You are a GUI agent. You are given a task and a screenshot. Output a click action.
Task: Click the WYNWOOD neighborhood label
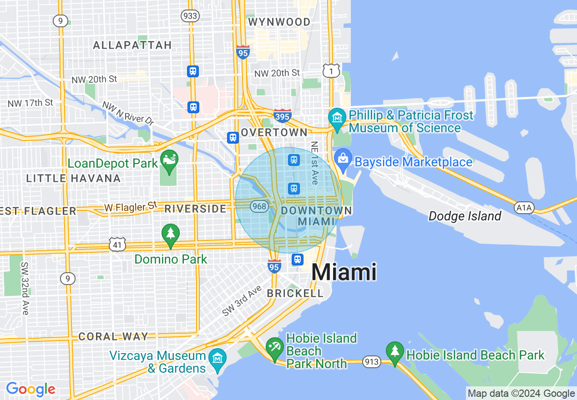279,22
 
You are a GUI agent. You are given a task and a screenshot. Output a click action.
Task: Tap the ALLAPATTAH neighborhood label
132,45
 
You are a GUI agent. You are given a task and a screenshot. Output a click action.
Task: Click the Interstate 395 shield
282,116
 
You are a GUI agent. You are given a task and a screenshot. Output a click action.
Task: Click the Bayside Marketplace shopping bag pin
343,158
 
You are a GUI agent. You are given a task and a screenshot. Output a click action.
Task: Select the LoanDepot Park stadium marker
170,161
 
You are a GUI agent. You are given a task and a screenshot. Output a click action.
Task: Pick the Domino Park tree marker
171,235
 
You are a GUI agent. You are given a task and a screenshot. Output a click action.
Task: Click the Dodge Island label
465,216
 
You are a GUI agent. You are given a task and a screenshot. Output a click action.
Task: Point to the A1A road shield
523,208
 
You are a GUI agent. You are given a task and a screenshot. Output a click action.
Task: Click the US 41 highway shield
117,245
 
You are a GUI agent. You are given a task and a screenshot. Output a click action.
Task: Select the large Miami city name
344,272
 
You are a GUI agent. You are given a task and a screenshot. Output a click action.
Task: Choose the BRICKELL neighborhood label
295,294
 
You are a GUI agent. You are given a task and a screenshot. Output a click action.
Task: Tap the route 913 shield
372,362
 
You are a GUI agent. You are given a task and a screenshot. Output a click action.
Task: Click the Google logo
30,389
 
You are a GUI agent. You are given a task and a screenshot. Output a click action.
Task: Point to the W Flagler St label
130,207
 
